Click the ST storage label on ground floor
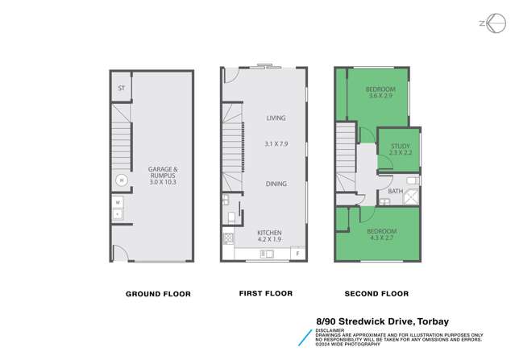point(121,89)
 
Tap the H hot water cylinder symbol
point(120,180)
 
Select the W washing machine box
point(118,203)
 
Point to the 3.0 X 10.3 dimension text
point(164,182)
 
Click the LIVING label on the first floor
point(276,118)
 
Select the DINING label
point(276,184)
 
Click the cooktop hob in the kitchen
point(228,238)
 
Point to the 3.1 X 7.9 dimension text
point(276,143)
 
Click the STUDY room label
point(399,146)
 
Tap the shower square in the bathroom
point(411,196)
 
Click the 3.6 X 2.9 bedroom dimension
point(380,96)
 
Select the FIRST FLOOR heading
point(265,293)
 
